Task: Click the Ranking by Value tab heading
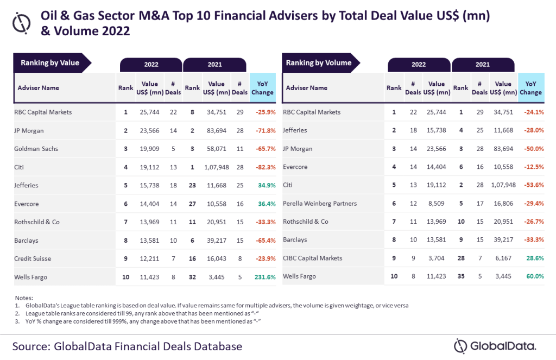50,63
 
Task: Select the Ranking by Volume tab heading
319,63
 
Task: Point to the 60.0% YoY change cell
534,277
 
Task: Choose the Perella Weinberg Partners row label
321,204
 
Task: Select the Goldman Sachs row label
37,149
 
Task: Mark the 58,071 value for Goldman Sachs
216,149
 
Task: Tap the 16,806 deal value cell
503,204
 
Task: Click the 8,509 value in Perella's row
437,204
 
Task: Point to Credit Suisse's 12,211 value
150,258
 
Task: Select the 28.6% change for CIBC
534,258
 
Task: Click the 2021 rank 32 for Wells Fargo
192,277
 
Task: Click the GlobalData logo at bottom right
495,346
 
